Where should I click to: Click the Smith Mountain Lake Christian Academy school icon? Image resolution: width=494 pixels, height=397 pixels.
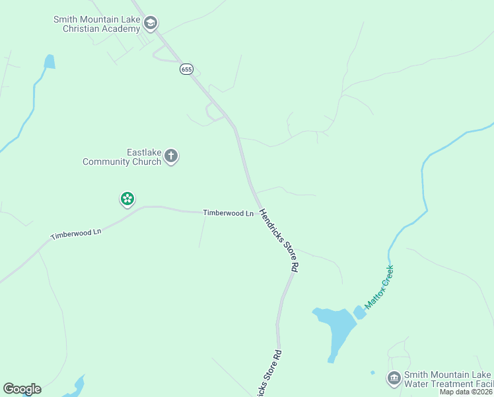pos(151,24)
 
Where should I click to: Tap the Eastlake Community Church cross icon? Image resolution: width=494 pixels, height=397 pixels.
pos(171,157)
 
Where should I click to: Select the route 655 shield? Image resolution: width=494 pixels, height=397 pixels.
pos(186,69)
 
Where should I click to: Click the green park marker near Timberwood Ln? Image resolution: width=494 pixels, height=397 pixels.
pos(127,198)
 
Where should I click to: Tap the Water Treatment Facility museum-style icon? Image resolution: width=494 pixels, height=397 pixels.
pos(394,378)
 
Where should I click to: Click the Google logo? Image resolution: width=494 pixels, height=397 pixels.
pos(22,389)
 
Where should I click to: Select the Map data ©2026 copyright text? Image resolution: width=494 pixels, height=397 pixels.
pos(466,392)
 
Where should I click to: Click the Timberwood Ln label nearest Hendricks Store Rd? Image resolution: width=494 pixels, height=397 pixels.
pos(229,213)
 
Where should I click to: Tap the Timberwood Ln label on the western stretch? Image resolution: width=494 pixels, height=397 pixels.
pos(76,234)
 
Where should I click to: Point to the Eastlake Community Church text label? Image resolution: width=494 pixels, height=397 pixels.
pos(122,157)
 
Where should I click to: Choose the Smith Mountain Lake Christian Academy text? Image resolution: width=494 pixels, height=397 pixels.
pos(96,24)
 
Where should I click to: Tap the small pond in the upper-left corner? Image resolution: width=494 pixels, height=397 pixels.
pos(49,62)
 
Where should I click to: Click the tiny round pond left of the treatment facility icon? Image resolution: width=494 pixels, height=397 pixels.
pos(372,373)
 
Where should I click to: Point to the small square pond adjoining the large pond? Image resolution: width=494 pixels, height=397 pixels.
pos(359,312)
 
